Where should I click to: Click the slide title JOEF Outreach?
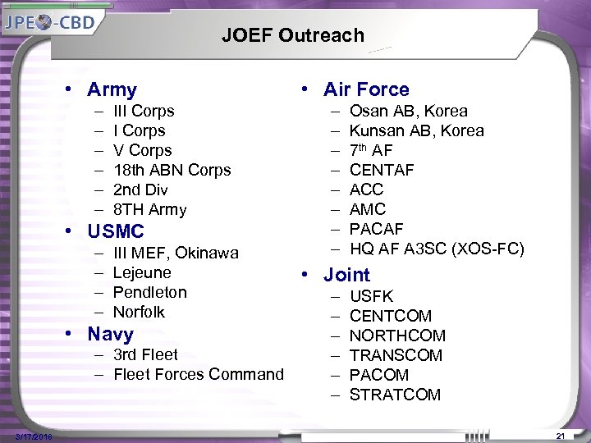coord(292,35)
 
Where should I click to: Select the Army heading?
coord(112,89)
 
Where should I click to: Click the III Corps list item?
coord(144,111)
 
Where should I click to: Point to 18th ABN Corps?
coord(172,170)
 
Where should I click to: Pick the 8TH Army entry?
coord(149,209)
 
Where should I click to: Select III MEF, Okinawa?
coord(176,253)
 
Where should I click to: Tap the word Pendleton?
coord(149,292)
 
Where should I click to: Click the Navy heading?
coord(110,334)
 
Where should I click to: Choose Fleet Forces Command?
coord(198,374)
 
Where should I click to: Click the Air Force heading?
coord(366,89)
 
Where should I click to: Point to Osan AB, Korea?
coord(408,111)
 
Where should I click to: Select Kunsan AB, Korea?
coord(416,130)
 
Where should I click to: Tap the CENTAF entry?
coord(382,170)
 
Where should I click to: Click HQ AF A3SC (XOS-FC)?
coord(436,249)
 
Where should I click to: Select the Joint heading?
coord(346,275)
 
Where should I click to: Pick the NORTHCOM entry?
coord(397,336)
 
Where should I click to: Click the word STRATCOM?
coord(395,395)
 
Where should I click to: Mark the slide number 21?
coord(561,435)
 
